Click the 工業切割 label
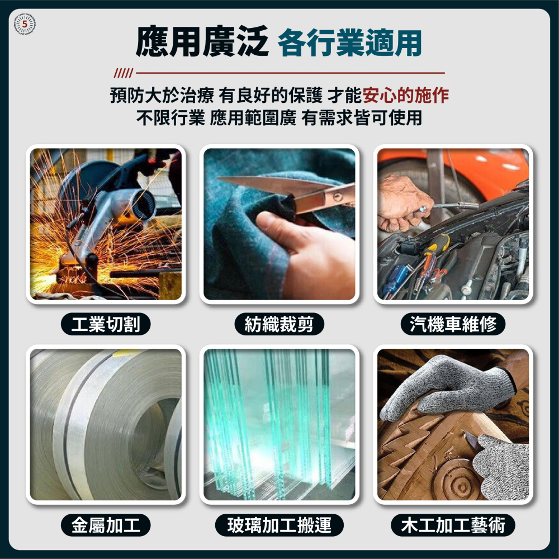pyautogui.click(x=106, y=324)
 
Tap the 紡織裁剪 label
pyautogui.click(x=279, y=324)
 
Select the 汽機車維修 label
pyautogui.click(x=453, y=324)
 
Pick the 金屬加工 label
pyautogui.click(x=106, y=525)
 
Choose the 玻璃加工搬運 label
pyautogui.click(x=279, y=525)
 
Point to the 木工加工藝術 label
pyautogui.click(x=453, y=525)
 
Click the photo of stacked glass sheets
pyautogui.click(x=279, y=424)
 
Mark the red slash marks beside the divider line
pyautogui.click(x=122, y=73)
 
